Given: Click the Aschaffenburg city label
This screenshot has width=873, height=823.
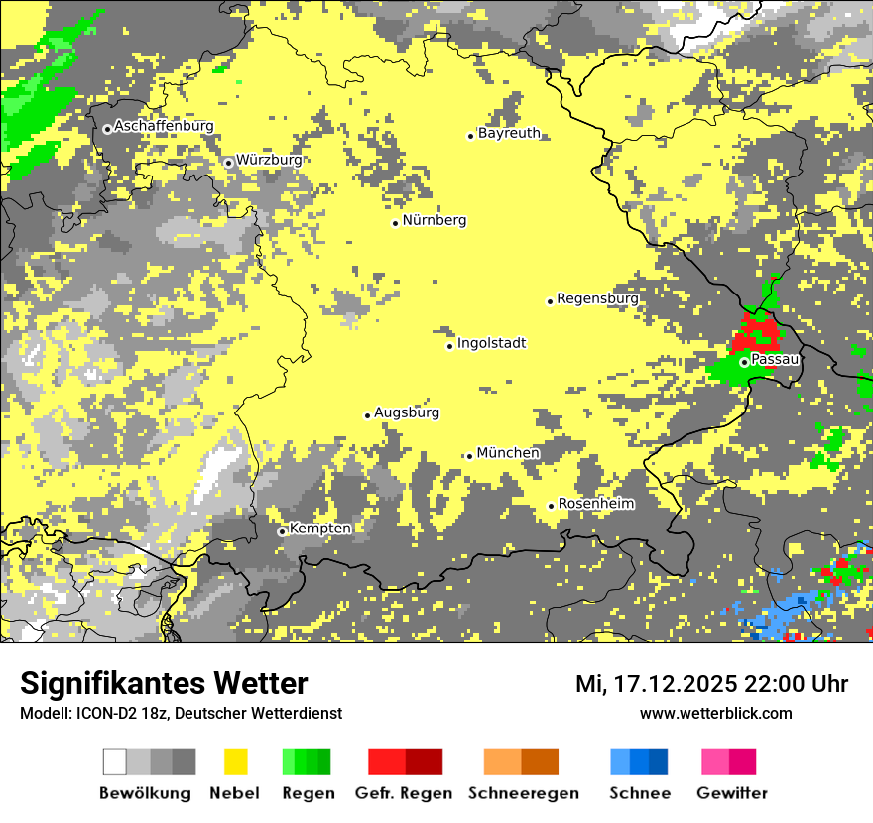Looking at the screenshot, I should [x=164, y=126].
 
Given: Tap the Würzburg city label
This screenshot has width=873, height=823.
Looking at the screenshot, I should [x=269, y=160].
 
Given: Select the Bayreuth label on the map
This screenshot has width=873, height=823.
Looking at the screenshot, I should [x=509, y=133].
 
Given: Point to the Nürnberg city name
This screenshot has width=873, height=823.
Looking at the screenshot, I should [x=435, y=220].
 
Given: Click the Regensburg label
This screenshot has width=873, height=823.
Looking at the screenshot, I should [x=597, y=298].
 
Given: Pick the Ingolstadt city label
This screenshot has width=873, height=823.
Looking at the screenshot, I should [x=491, y=344].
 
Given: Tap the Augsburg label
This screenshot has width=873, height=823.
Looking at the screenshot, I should [x=407, y=412].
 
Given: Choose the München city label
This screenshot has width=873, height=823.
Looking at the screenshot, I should [x=508, y=453].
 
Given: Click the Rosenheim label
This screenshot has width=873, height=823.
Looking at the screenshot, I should [x=595, y=504].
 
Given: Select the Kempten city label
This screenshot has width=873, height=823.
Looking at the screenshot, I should [x=320, y=529].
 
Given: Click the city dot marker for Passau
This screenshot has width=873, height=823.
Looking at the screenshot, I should [x=744, y=362].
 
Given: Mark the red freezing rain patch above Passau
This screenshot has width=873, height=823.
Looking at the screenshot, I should [x=757, y=331].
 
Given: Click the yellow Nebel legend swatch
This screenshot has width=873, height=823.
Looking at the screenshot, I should [x=236, y=762].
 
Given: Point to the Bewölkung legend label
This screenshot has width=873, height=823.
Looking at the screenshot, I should [x=145, y=793].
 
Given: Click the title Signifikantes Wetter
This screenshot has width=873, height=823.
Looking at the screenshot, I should [x=164, y=683].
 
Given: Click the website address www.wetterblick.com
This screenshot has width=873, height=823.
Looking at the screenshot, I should [x=715, y=713].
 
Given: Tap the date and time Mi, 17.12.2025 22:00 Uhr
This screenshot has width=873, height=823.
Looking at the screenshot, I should [x=711, y=684].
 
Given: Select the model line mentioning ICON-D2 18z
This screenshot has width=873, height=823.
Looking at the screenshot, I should [x=181, y=713].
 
